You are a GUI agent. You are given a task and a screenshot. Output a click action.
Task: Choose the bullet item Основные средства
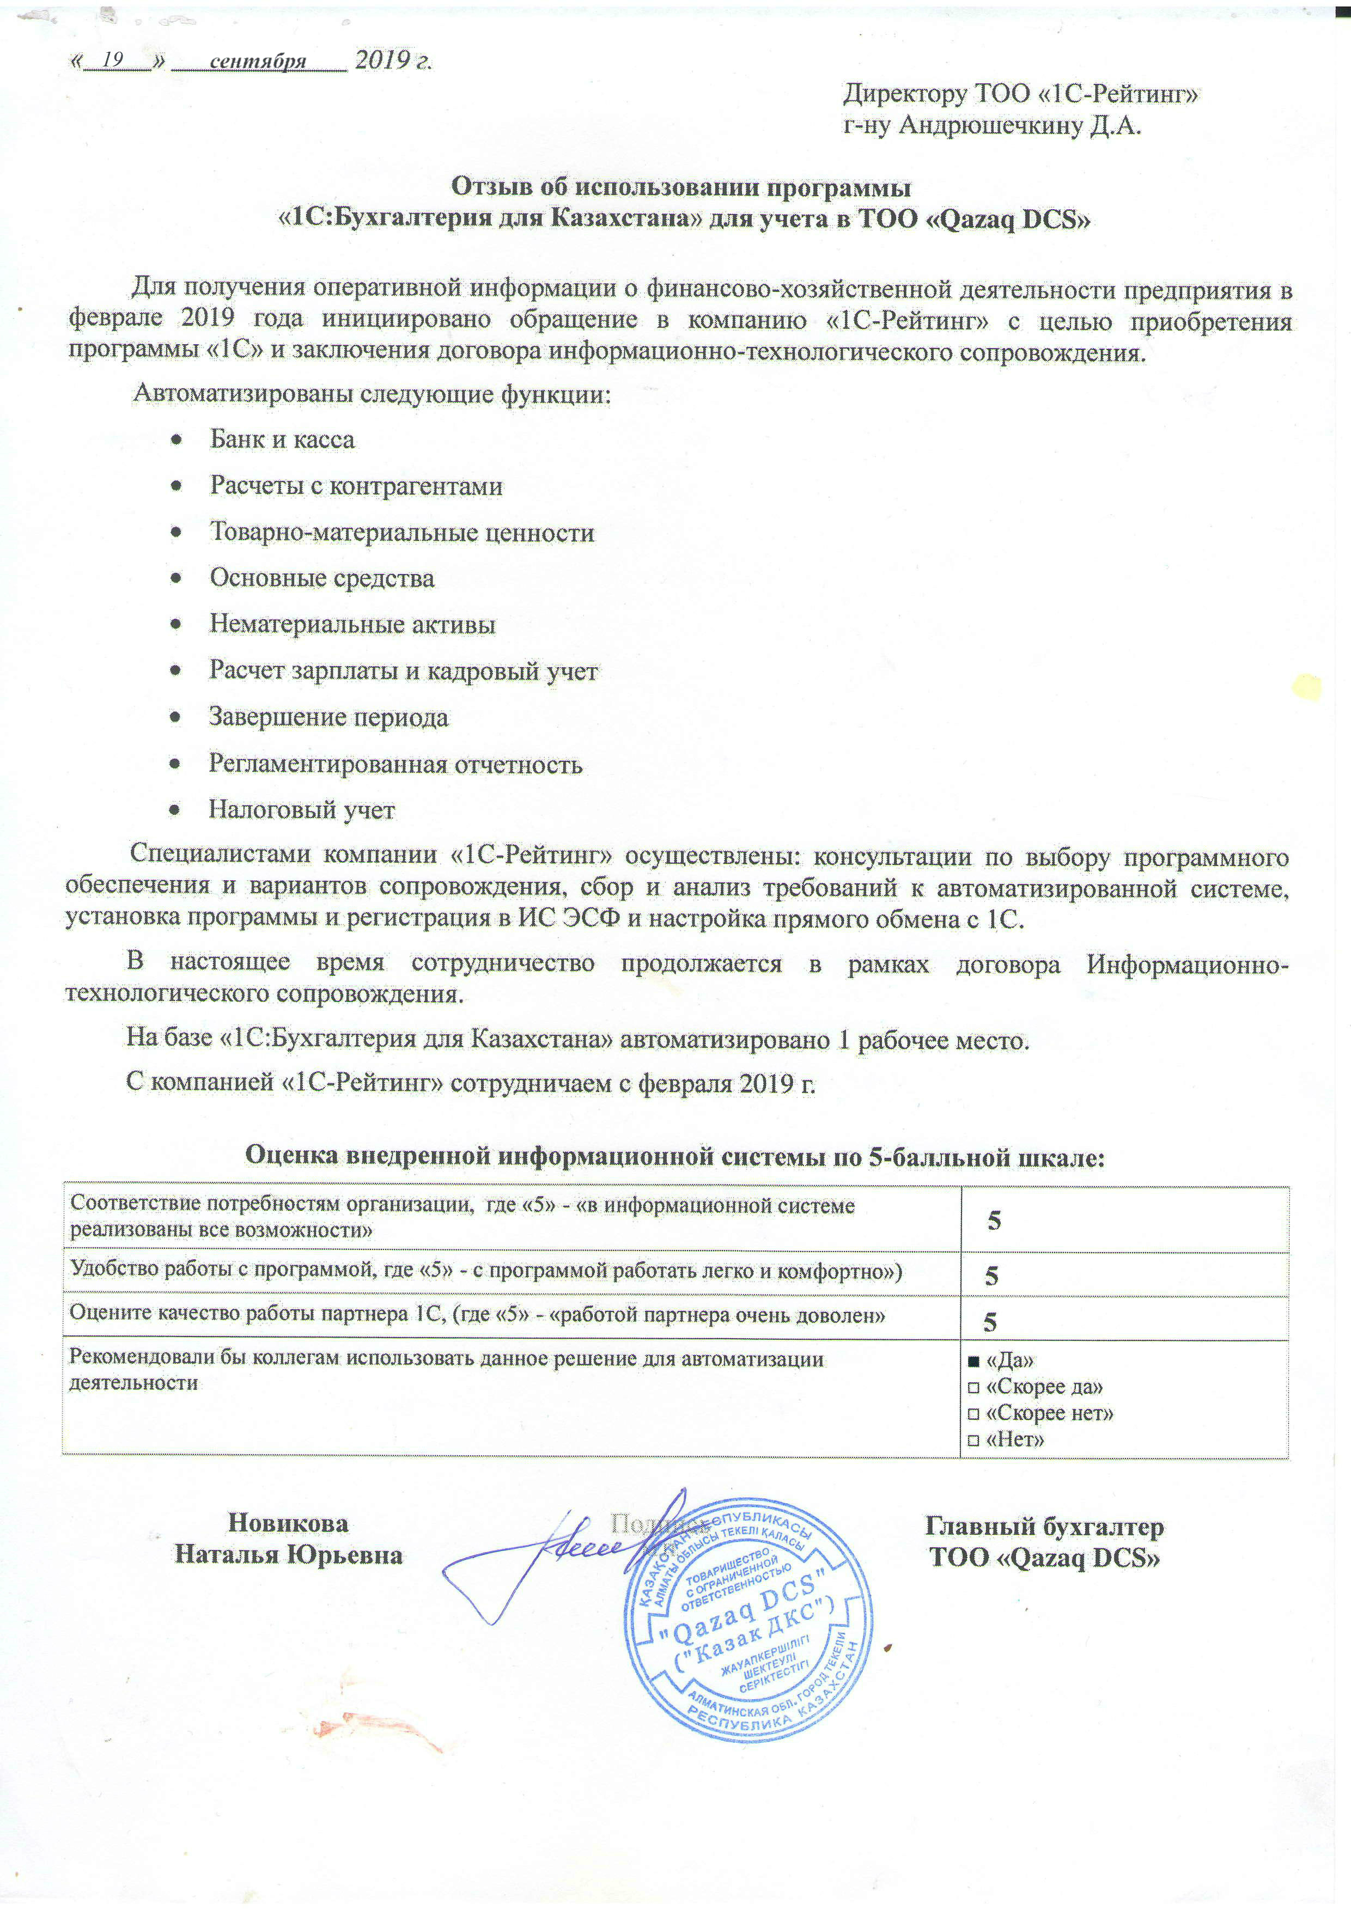(x=322, y=578)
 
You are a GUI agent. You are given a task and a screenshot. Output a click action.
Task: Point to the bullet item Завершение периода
(x=328, y=717)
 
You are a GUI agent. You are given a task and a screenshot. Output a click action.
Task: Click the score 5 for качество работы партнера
(x=990, y=1322)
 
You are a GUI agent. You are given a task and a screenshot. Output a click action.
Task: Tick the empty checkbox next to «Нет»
(x=972, y=1440)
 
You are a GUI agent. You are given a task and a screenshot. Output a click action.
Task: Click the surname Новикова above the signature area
(x=288, y=1523)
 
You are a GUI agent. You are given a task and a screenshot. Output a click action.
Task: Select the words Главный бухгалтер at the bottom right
(x=1044, y=1527)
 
